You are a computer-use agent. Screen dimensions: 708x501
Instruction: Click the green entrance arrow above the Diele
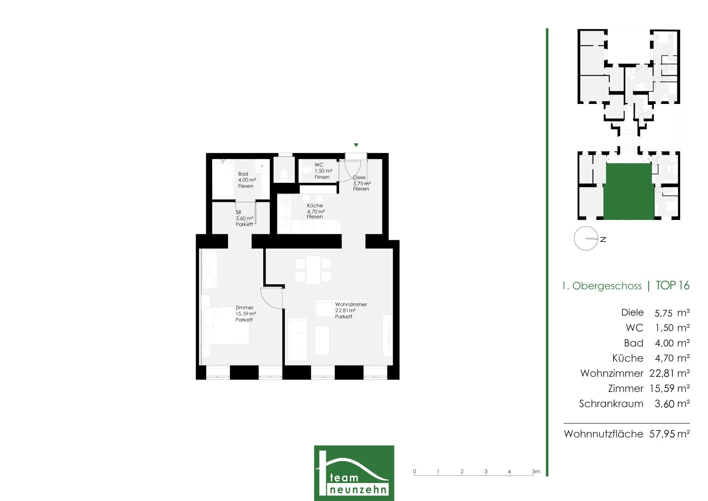(356, 145)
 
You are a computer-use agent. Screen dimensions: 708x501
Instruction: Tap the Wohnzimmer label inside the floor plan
(351, 304)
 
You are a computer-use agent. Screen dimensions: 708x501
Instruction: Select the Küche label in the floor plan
(315, 206)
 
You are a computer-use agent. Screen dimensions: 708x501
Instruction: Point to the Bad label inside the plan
(243, 174)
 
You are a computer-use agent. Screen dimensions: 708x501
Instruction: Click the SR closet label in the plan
(238, 212)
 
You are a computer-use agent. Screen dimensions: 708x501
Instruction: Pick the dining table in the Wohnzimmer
(313, 270)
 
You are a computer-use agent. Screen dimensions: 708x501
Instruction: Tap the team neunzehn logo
(354, 473)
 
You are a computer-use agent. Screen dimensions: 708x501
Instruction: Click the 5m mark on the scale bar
(536, 472)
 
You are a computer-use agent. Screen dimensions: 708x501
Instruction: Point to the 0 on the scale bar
(414, 472)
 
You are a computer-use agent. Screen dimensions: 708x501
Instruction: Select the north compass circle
(586, 238)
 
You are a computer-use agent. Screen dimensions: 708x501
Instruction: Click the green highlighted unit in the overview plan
(628, 192)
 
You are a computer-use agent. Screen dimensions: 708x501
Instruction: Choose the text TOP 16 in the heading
(672, 285)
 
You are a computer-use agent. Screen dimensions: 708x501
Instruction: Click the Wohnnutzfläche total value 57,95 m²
(670, 434)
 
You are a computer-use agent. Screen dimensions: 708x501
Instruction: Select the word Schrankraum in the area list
(611, 404)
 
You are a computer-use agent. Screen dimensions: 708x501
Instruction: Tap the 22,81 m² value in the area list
(670, 373)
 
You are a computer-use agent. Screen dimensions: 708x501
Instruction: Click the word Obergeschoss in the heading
(607, 286)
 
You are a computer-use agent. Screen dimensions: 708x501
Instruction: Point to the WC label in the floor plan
(319, 165)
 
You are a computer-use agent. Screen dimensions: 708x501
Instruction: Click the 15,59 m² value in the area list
(670, 388)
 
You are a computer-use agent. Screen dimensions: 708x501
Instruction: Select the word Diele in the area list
(632, 313)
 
